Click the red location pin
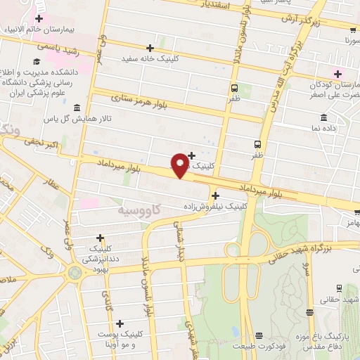pos(180,165)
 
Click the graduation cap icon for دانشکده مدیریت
pos(35,72)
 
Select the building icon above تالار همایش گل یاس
pos(76,108)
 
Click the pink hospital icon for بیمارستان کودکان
pos(337,73)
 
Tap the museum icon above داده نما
pos(323,117)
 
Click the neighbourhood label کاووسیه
pos(137,210)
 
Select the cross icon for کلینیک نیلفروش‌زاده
pos(215,195)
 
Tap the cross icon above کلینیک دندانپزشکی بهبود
pos(101,238)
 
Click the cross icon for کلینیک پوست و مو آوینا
pos(120,324)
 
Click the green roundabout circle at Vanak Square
pos(75,271)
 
